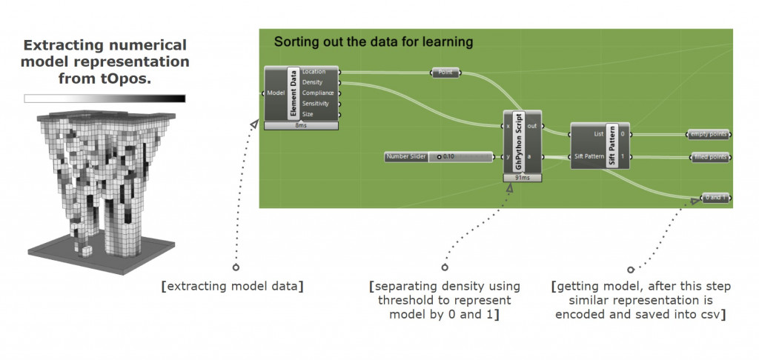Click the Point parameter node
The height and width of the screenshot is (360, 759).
(445, 73)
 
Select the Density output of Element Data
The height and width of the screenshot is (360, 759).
(313, 82)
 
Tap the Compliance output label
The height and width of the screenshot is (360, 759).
(318, 93)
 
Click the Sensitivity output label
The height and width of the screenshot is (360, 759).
(316, 104)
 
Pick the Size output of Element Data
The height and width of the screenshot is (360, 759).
(308, 114)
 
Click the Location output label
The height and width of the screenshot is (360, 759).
(314, 72)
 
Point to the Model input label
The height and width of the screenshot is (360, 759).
(276, 93)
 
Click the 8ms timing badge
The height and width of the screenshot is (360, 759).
(301, 125)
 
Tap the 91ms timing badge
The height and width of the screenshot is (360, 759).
(523, 178)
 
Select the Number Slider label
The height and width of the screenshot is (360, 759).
(406, 156)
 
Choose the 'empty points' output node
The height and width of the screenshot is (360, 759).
(709, 135)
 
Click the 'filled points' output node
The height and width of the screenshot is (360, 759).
(709, 157)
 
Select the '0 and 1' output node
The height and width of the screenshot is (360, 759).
(715, 198)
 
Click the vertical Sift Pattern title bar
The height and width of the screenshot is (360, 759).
(612, 145)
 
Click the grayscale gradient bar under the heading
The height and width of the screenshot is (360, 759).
(105, 98)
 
